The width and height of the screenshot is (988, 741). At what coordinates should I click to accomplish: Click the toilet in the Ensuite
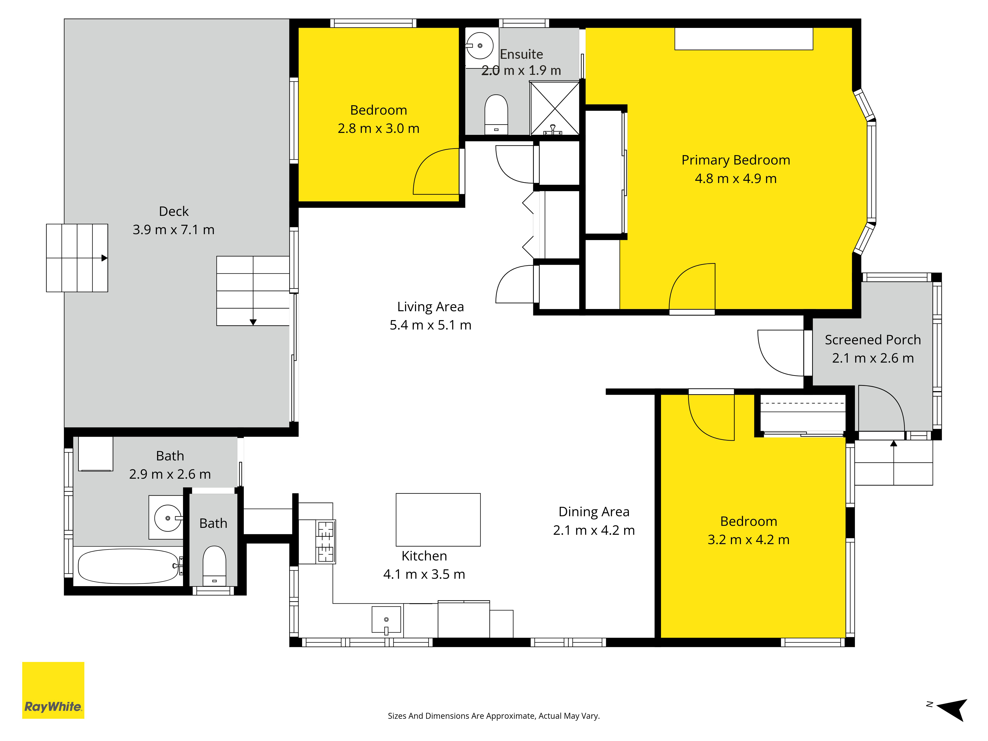[496, 114]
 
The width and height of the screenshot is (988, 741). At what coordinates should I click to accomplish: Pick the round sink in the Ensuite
[480, 45]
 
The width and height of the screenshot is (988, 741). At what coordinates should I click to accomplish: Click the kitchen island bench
[438, 519]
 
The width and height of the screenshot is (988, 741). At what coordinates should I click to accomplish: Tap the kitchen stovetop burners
[326, 541]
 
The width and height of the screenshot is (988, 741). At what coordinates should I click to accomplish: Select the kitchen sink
[386, 619]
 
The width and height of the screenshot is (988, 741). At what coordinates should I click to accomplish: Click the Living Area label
[431, 307]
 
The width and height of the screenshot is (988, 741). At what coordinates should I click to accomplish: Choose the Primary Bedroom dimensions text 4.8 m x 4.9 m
[736, 178]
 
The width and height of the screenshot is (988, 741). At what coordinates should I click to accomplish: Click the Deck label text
[174, 211]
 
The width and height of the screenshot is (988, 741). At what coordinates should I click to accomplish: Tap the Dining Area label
[594, 512]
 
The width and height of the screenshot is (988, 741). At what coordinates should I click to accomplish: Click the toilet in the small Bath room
[214, 565]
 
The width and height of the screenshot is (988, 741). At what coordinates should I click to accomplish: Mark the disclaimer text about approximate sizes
[494, 716]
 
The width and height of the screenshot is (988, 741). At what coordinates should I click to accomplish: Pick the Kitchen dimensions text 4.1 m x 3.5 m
[424, 574]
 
